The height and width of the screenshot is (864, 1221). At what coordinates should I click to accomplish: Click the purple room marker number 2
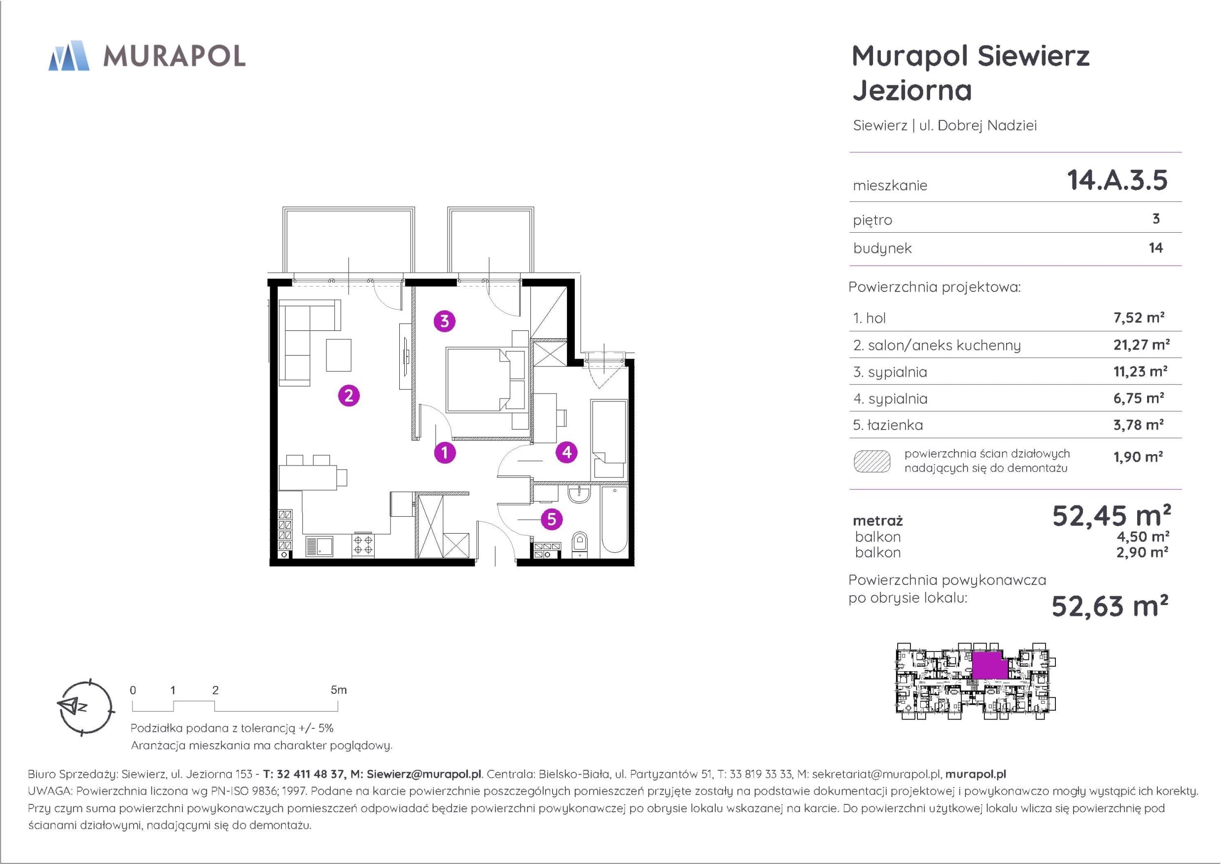coord(349,396)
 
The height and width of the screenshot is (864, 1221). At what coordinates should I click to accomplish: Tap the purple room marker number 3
coord(445,322)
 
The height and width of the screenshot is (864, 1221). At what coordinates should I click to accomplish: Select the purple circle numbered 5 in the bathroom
coord(552,519)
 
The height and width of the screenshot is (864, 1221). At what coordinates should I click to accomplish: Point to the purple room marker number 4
coord(567,452)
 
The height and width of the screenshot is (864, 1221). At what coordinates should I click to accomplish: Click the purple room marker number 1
coord(445,453)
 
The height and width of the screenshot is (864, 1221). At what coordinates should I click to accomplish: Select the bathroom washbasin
coord(579,494)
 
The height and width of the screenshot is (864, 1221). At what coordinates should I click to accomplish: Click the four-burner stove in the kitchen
coord(363,545)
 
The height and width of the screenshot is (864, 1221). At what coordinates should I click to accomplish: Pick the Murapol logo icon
coord(69,55)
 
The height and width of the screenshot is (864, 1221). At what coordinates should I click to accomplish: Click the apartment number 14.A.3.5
coord(1117,180)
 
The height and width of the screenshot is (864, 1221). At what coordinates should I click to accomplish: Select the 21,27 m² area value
coord(1141,345)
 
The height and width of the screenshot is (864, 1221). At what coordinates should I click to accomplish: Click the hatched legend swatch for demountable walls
coord(872,461)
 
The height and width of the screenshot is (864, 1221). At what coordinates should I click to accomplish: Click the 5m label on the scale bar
coord(338,690)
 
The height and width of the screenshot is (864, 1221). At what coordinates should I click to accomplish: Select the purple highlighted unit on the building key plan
coord(990,666)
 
